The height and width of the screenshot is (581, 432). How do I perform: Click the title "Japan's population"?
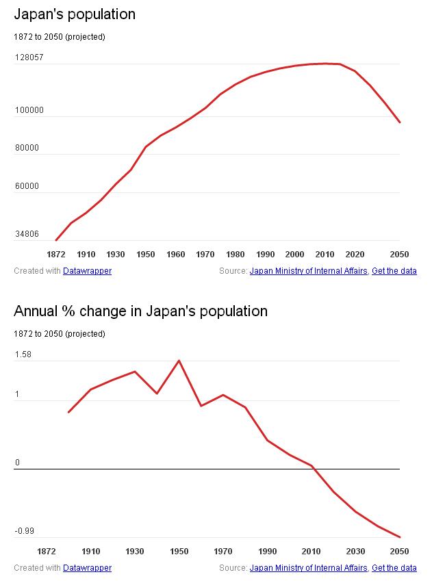coord(75,14)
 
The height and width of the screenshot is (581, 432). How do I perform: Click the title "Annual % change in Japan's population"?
coord(140,311)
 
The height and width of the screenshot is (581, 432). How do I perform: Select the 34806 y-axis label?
coord(27,235)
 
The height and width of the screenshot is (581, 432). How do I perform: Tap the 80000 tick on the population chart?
coord(27,148)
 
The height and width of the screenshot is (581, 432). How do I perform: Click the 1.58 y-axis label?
coord(23,354)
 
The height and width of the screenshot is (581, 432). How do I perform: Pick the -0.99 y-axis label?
coord(24,531)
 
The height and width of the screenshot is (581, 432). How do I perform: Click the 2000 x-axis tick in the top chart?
coord(295,255)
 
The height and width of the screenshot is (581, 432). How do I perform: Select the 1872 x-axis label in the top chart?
coord(56,255)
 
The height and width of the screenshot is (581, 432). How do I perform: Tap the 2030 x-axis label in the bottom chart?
coord(355,552)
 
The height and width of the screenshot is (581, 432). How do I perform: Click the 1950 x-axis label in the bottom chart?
coord(179,552)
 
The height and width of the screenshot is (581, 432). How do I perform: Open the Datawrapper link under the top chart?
coord(87,271)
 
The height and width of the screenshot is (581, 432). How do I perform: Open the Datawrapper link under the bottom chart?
coord(87,568)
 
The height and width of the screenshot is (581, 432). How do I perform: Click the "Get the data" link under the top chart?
coord(394,271)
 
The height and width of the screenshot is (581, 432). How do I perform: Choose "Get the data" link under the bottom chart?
coord(394,568)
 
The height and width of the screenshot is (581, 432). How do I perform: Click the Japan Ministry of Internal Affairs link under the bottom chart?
coord(309,568)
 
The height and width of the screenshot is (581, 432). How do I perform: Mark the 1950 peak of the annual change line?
coord(179,361)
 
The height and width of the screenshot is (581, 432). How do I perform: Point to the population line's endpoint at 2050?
coord(400,122)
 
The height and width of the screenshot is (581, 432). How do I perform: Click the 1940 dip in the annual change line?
coord(157,393)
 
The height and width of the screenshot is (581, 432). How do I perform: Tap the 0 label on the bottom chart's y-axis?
coord(18,463)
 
